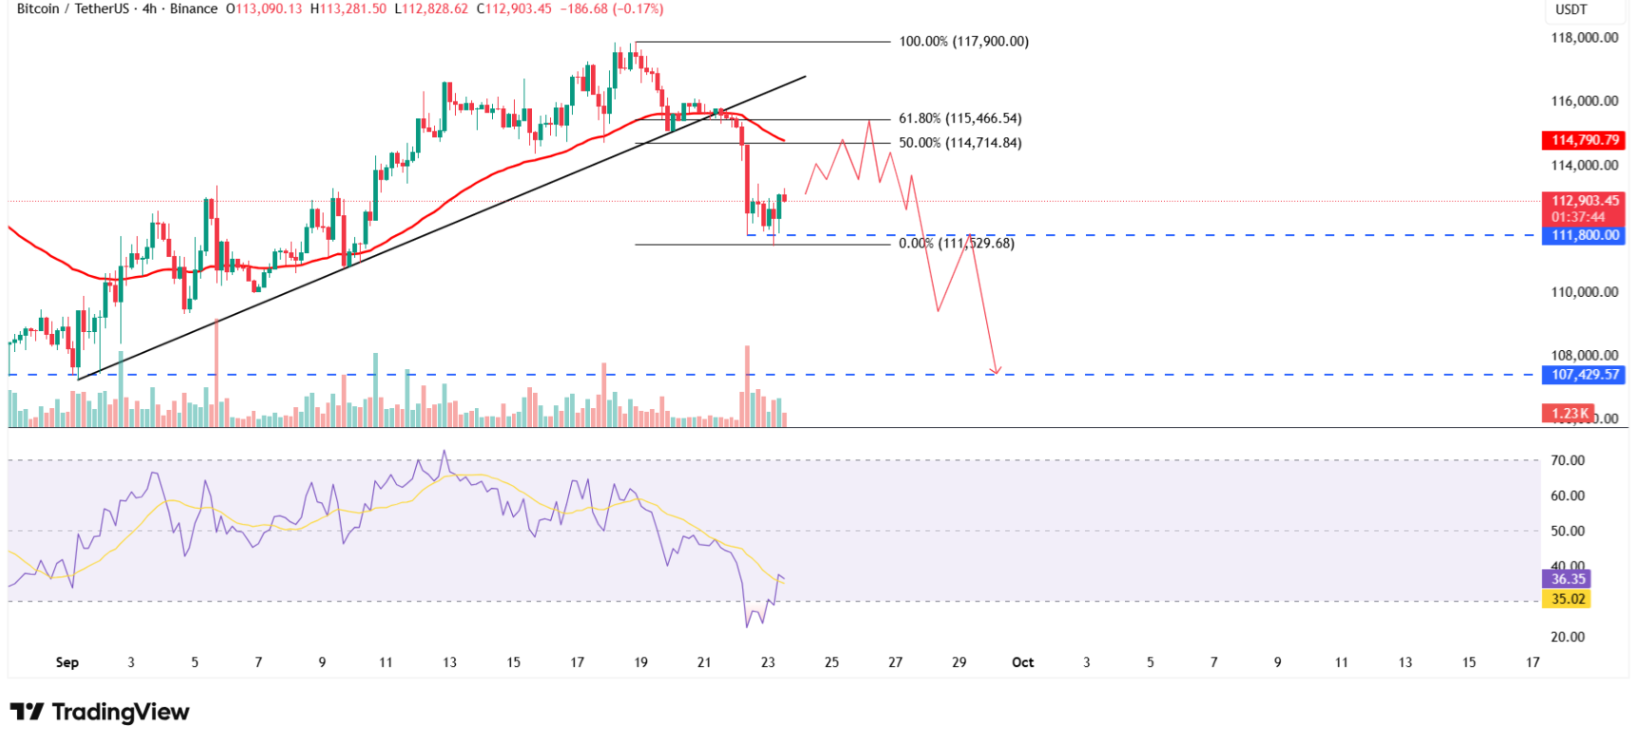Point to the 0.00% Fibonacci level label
(x=956, y=244)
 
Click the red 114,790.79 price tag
(x=1585, y=140)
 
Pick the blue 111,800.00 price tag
(x=1585, y=235)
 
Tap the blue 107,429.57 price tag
(x=1585, y=375)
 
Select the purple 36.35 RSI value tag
(x=1567, y=579)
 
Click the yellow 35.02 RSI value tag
(x=1567, y=599)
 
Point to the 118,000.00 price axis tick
(x=1584, y=38)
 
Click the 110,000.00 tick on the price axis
(x=1584, y=292)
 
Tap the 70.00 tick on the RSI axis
(x=1567, y=460)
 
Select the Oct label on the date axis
(x=1022, y=662)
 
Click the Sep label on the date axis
(x=67, y=662)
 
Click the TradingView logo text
(x=120, y=712)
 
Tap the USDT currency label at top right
(x=1571, y=10)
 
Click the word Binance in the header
(x=194, y=9)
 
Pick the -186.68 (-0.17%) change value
(x=610, y=9)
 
